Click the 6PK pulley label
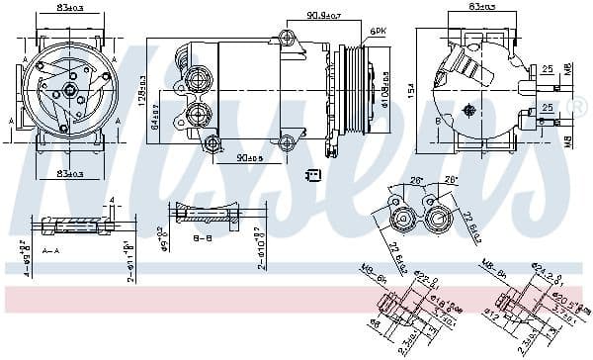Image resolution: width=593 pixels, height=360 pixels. (x=378, y=34)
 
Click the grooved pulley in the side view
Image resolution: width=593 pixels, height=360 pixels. (x=352, y=89)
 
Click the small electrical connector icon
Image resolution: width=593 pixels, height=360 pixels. (x=314, y=175)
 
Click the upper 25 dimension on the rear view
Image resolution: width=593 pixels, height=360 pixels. (x=546, y=69)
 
